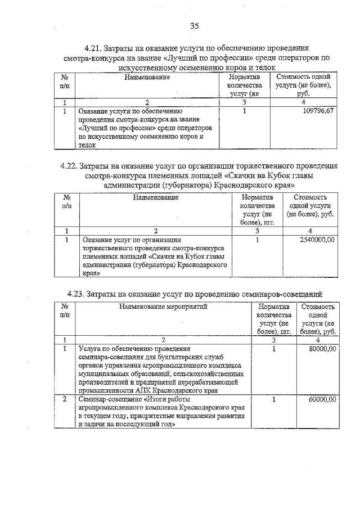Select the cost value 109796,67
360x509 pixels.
318,112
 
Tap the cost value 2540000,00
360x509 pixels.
315,240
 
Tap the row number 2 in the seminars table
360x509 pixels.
65,399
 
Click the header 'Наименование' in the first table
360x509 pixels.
147,76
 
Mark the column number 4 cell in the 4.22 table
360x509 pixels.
310,231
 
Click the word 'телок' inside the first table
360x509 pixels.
87,145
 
